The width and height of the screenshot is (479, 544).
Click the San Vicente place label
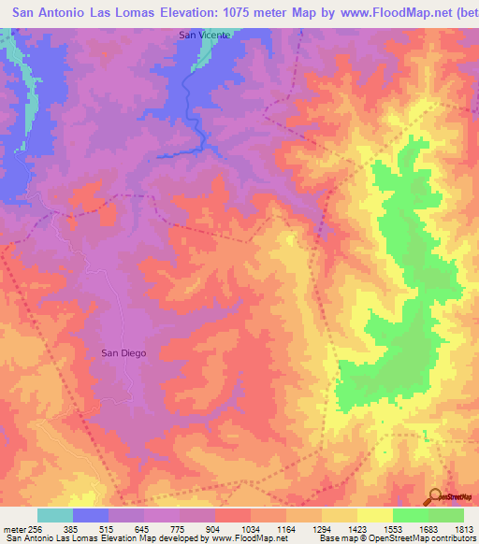click(205, 35)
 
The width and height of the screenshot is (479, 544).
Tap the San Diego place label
click(123, 352)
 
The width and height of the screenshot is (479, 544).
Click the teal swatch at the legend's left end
click(55, 515)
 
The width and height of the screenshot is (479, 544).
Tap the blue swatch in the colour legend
click(91, 515)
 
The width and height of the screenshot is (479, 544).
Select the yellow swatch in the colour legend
click(374, 515)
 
